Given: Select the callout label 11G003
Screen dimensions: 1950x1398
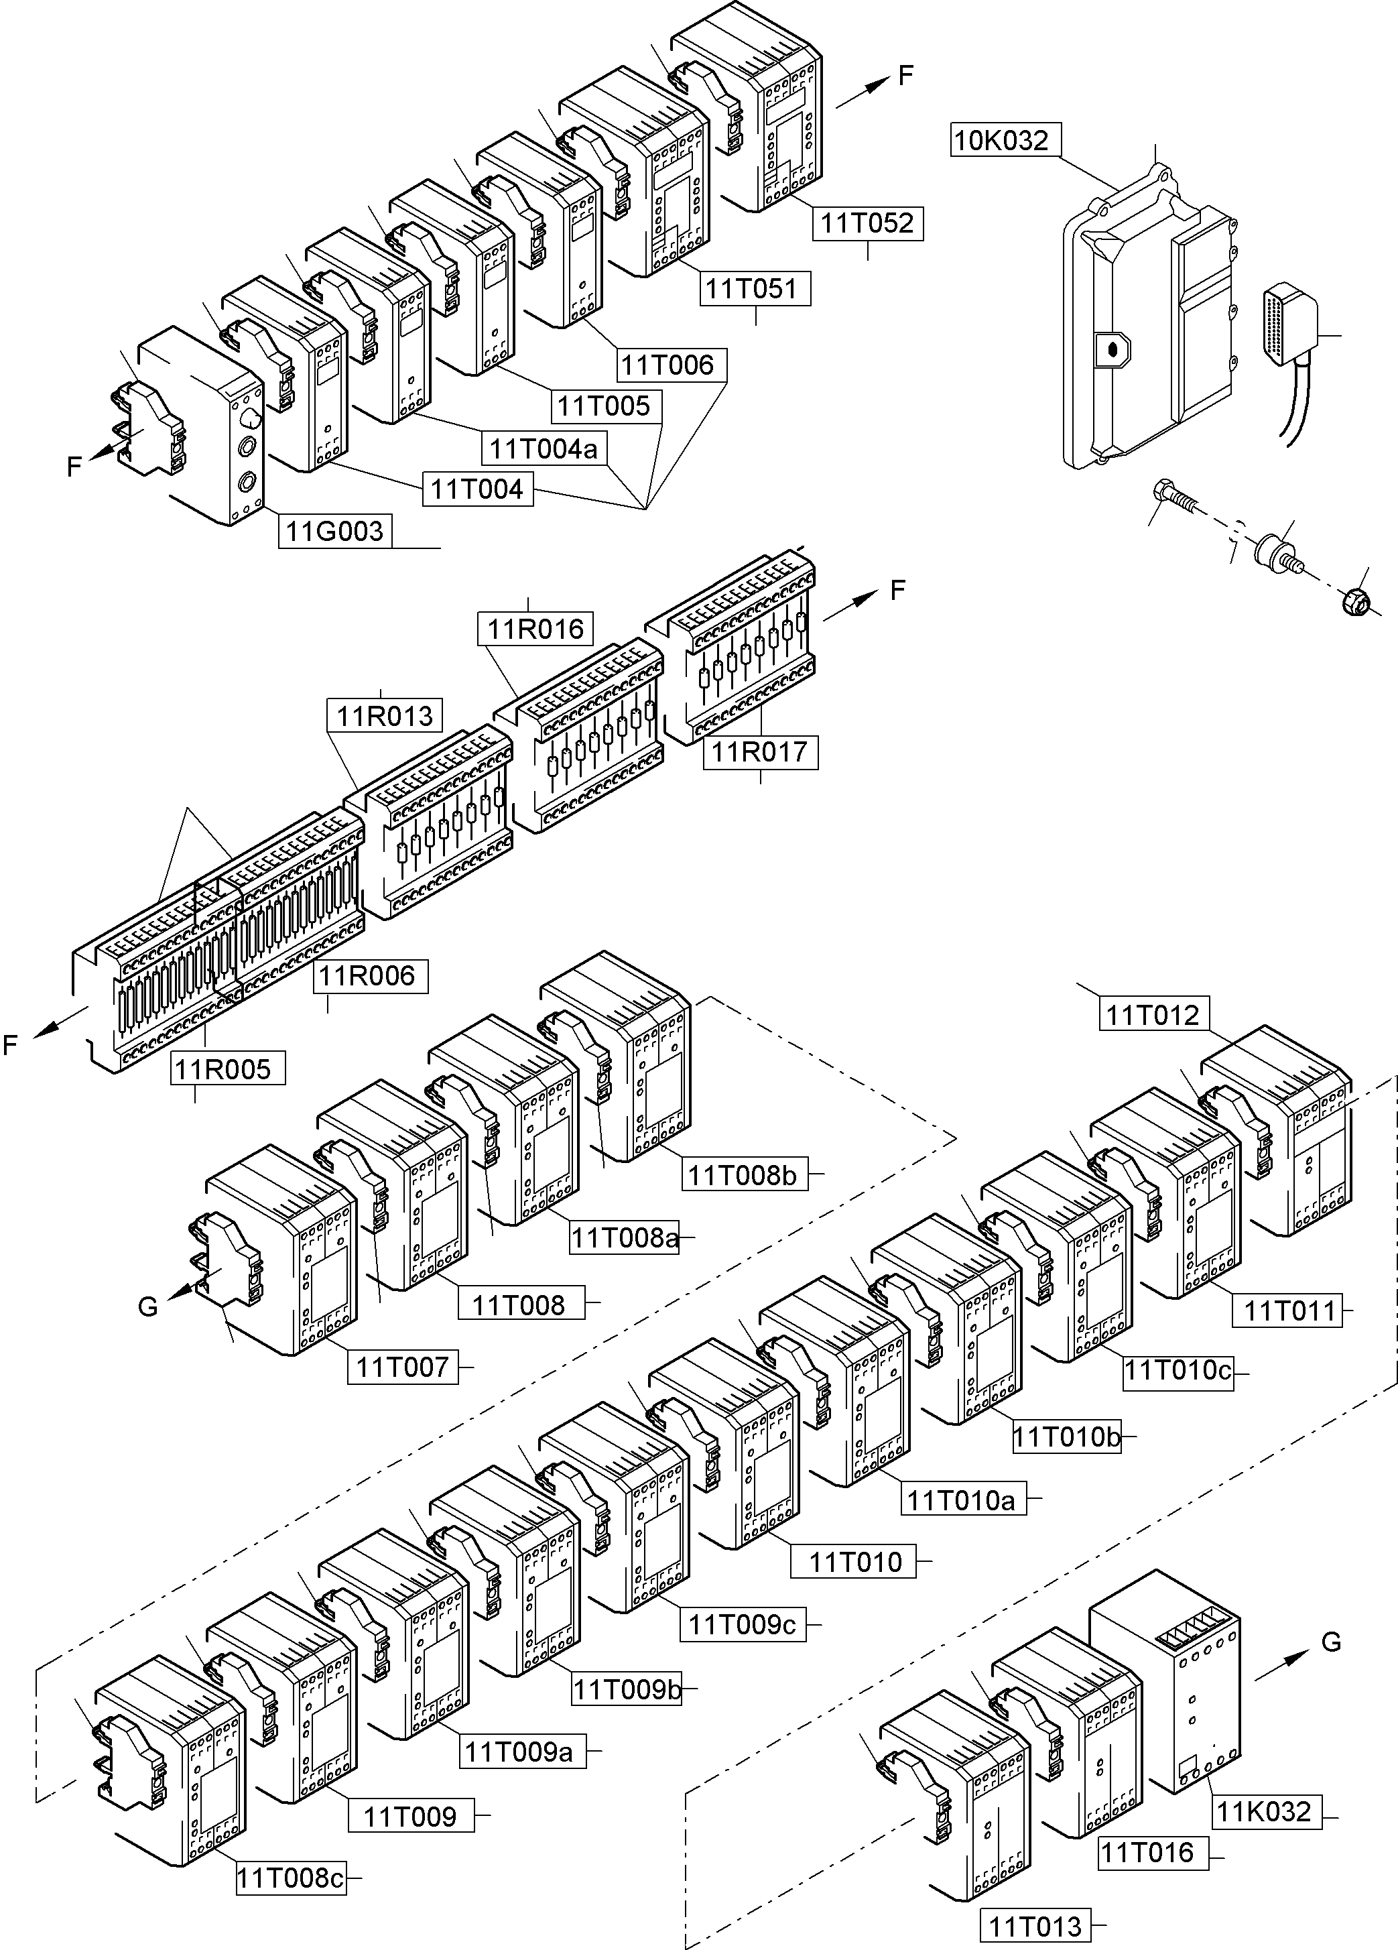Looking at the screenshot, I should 334,532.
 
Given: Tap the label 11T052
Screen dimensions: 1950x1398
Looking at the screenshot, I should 867,223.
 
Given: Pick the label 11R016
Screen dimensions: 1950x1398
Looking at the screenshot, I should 535,629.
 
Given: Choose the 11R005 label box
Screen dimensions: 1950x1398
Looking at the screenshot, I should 224,1070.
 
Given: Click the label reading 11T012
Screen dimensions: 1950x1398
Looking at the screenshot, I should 1152,1015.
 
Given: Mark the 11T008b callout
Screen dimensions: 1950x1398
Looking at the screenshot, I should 743,1175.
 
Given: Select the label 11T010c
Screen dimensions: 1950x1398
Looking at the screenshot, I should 1179,1369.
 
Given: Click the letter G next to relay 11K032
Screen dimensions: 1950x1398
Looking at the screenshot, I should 1331,1642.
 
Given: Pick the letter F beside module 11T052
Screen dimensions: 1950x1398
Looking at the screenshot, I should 905,76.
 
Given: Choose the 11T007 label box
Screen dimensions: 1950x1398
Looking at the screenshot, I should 402,1367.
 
